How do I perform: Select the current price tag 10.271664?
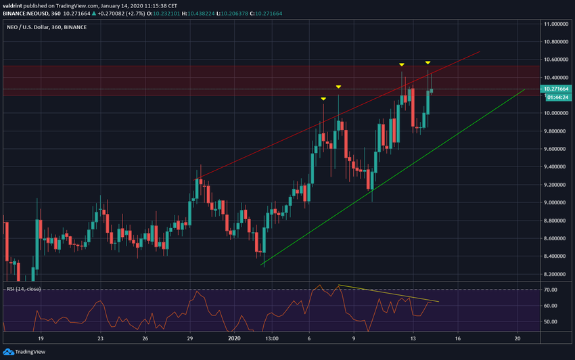coord(557,89)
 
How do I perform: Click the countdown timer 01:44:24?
coord(555,96)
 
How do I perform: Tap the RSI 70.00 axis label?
coord(551,290)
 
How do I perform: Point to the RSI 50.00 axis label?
coord(551,321)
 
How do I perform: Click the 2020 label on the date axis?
coord(234,338)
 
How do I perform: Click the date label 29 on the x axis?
coord(190,338)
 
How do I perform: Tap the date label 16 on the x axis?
coord(458,338)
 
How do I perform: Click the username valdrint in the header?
coord(14,5)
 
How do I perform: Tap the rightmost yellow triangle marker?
coord(428,63)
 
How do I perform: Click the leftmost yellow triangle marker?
coord(323,99)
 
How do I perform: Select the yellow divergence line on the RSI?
coord(389,293)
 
